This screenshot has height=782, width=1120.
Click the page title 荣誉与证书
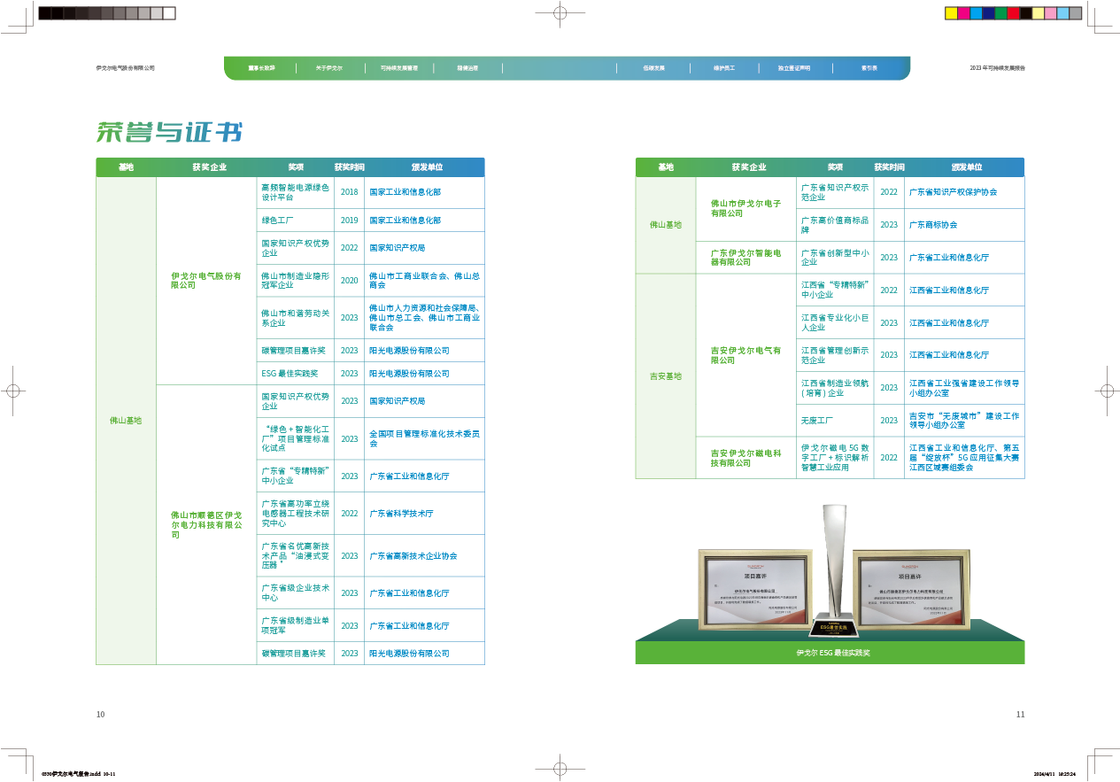[x=169, y=133]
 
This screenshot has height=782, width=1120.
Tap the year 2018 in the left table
[x=349, y=192]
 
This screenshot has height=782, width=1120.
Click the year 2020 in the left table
[x=349, y=281]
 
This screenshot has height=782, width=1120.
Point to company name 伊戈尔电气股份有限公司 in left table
[x=205, y=281]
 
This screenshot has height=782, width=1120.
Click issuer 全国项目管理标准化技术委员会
[x=424, y=438]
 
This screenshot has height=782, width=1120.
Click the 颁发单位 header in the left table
[x=427, y=167]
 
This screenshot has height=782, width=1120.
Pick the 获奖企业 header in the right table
[x=748, y=167]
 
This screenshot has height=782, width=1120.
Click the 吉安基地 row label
[x=665, y=377]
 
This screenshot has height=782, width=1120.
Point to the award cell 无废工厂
[x=817, y=421]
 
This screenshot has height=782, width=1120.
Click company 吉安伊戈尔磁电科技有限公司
[x=745, y=457]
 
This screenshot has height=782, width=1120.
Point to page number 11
[x=1020, y=714]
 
